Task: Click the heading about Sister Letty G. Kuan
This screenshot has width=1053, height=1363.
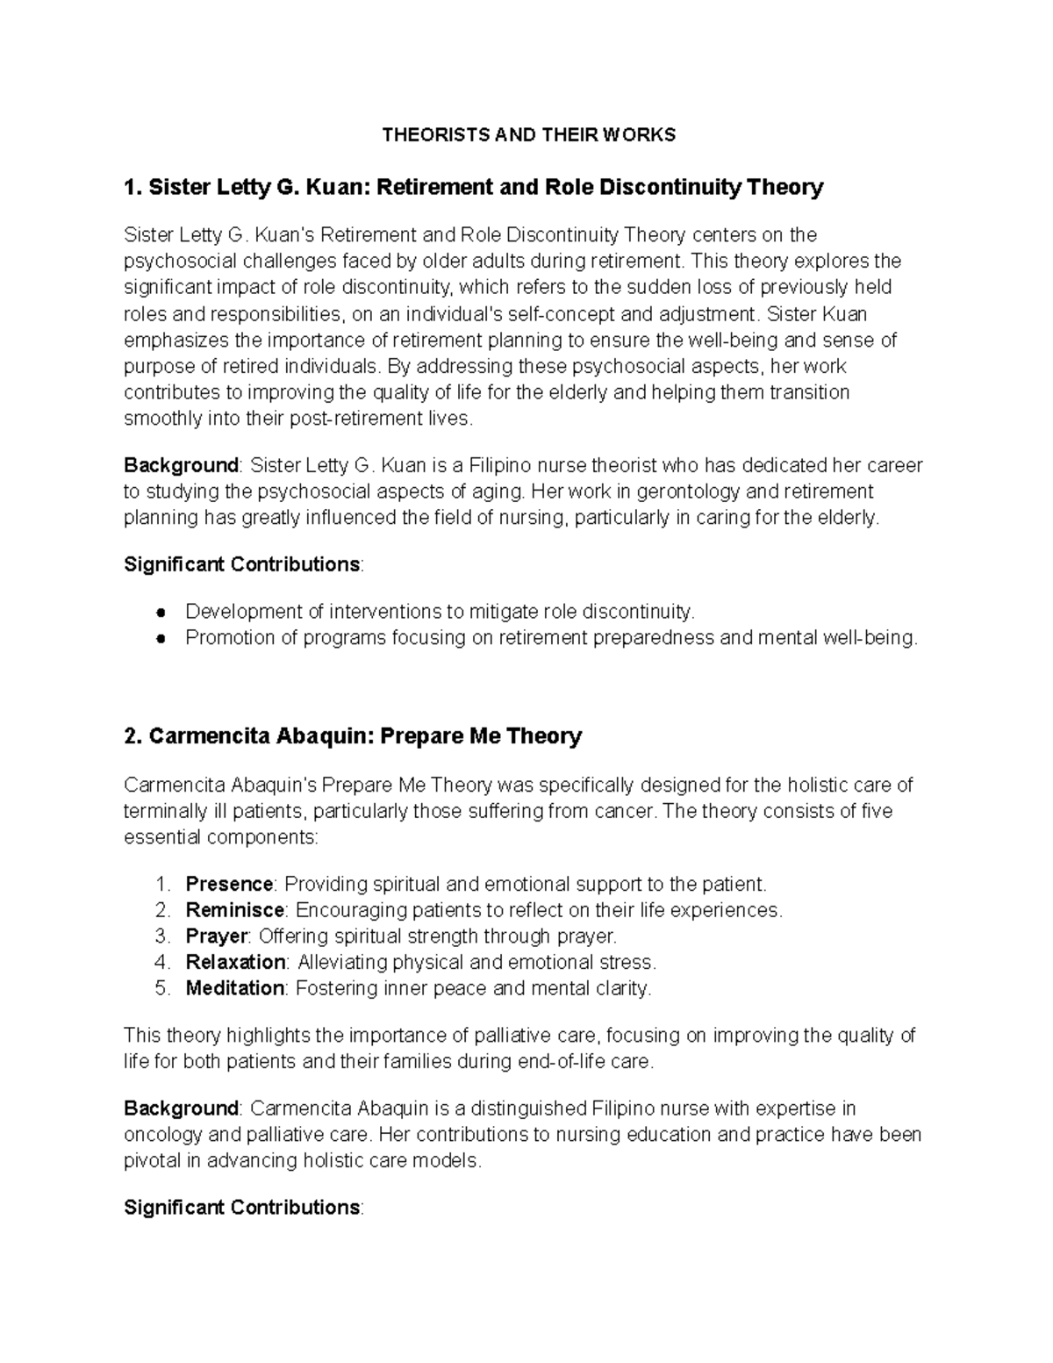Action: (474, 187)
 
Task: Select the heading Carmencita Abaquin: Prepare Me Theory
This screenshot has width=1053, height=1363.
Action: (353, 735)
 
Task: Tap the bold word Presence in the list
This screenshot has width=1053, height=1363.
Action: (229, 884)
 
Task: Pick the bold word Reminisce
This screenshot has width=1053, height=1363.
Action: (234, 910)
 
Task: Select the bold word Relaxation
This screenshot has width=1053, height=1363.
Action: (235, 962)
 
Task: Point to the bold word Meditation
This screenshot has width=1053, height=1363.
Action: (234, 988)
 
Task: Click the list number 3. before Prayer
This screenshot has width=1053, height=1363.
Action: (161, 936)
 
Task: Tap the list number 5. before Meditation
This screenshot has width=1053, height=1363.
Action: (161, 988)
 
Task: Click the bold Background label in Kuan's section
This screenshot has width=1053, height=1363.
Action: (181, 464)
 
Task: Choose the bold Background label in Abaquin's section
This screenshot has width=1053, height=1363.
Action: (181, 1108)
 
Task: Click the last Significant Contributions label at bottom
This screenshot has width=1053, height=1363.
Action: (241, 1208)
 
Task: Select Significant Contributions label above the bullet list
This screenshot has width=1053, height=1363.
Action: (241, 564)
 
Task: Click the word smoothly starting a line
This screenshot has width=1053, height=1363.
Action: (162, 419)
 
